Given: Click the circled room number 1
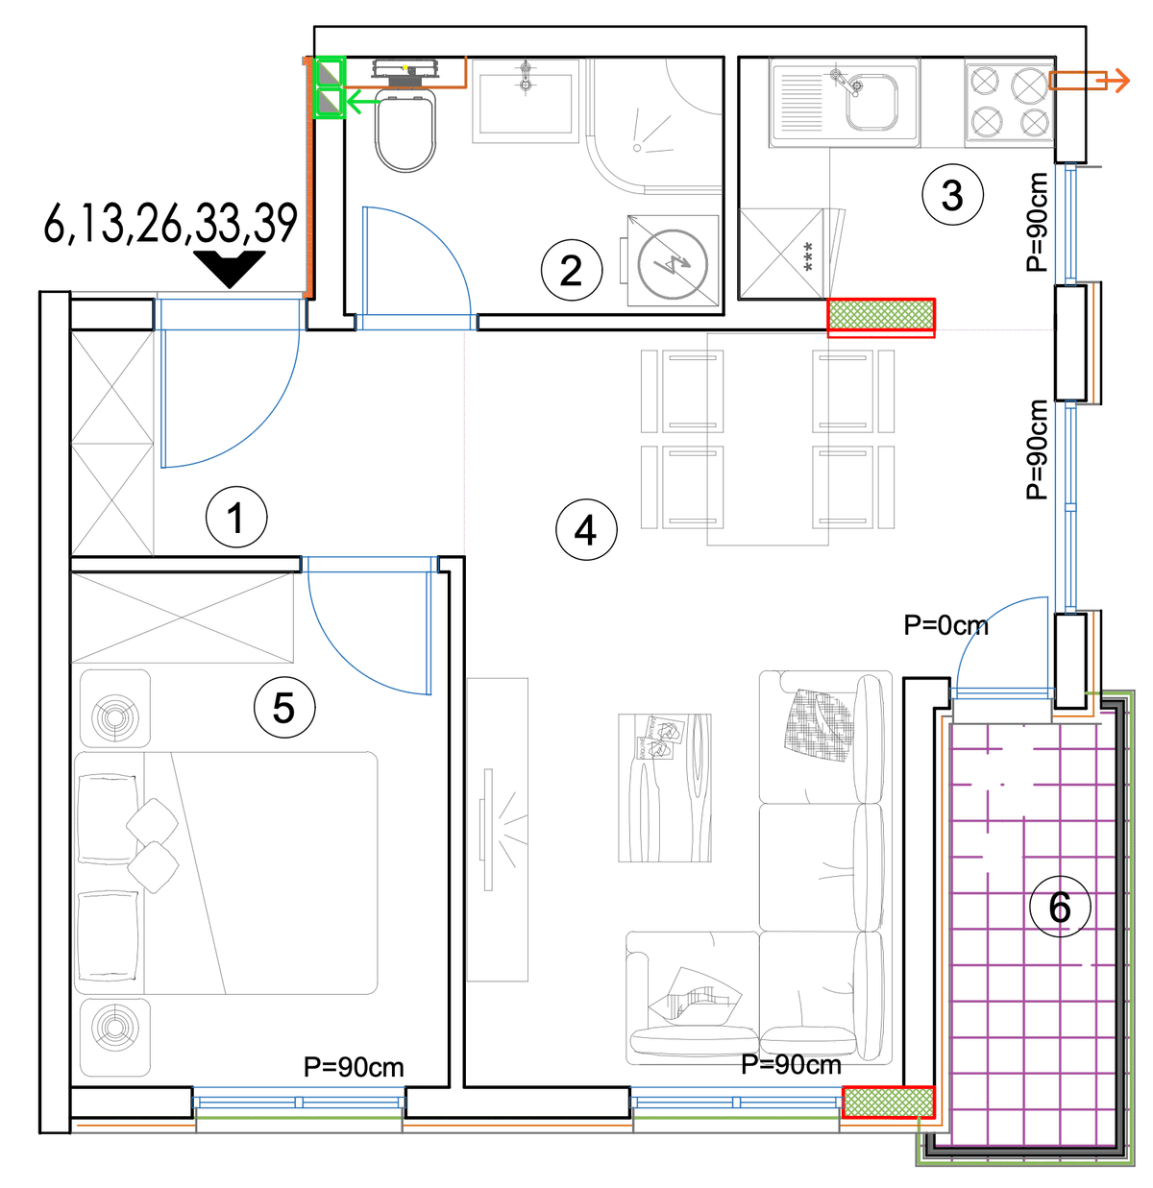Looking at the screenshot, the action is click(236, 517).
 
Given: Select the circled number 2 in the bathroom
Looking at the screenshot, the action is click(571, 271).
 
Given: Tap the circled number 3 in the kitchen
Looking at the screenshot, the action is click(952, 195).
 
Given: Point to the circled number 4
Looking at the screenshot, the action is click(586, 530).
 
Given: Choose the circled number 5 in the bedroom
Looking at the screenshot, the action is click(284, 708).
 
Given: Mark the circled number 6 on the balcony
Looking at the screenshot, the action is click(1060, 907).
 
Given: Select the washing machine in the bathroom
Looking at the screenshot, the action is click(673, 260).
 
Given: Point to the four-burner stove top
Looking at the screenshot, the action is click(1009, 103).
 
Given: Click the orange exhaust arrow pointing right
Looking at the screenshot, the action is click(1089, 81).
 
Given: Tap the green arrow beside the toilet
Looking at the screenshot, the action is click(363, 102).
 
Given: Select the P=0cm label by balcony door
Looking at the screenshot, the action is click(945, 625).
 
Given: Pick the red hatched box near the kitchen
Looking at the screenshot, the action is click(881, 318).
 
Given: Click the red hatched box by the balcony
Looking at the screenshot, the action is click(888, 1102).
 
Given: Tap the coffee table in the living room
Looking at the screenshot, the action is click(665, 788).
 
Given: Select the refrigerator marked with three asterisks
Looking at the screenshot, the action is click(782, 254).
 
